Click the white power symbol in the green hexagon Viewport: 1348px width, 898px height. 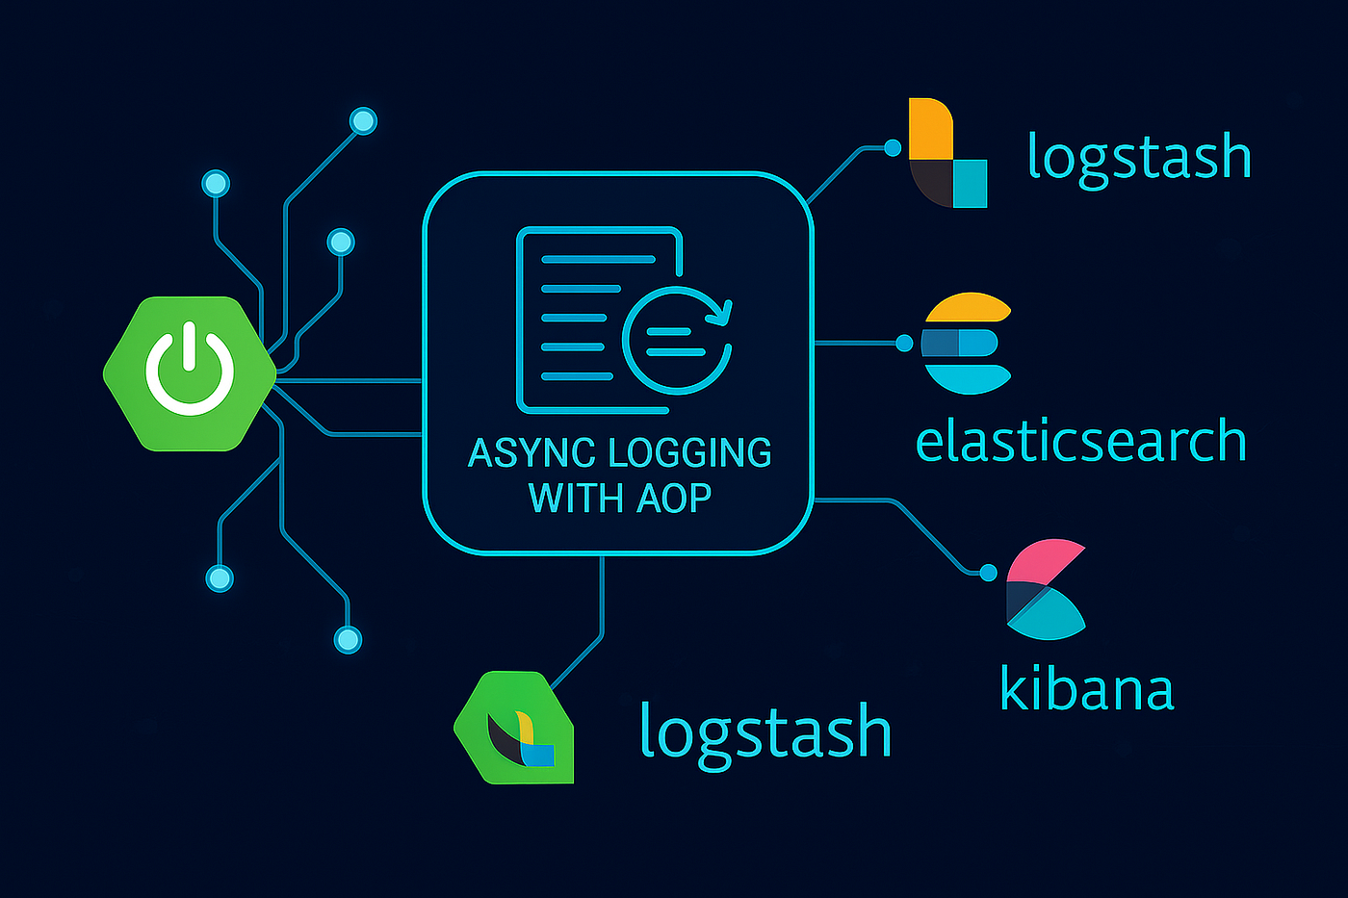pos(190,371)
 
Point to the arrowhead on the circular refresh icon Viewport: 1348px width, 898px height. pos(722,311)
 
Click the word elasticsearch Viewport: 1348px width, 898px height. pos(1080,442)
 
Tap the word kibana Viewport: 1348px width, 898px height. pos(1087,689)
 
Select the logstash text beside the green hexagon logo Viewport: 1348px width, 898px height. pos(765,731)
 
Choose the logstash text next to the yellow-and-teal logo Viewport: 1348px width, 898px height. pos(1139,157)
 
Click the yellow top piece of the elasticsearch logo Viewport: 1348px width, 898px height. pos(967,308)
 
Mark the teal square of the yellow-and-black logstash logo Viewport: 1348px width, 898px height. pos(971,183)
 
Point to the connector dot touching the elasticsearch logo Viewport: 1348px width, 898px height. pos(904,343)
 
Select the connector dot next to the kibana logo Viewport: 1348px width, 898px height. pos(987,573)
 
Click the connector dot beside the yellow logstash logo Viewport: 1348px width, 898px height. pos(893,147)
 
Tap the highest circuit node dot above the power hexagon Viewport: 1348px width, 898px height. pos(363,121)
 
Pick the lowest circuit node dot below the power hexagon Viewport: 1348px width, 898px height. pos(347,639)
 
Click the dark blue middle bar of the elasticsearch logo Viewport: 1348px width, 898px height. pos(941,343)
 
